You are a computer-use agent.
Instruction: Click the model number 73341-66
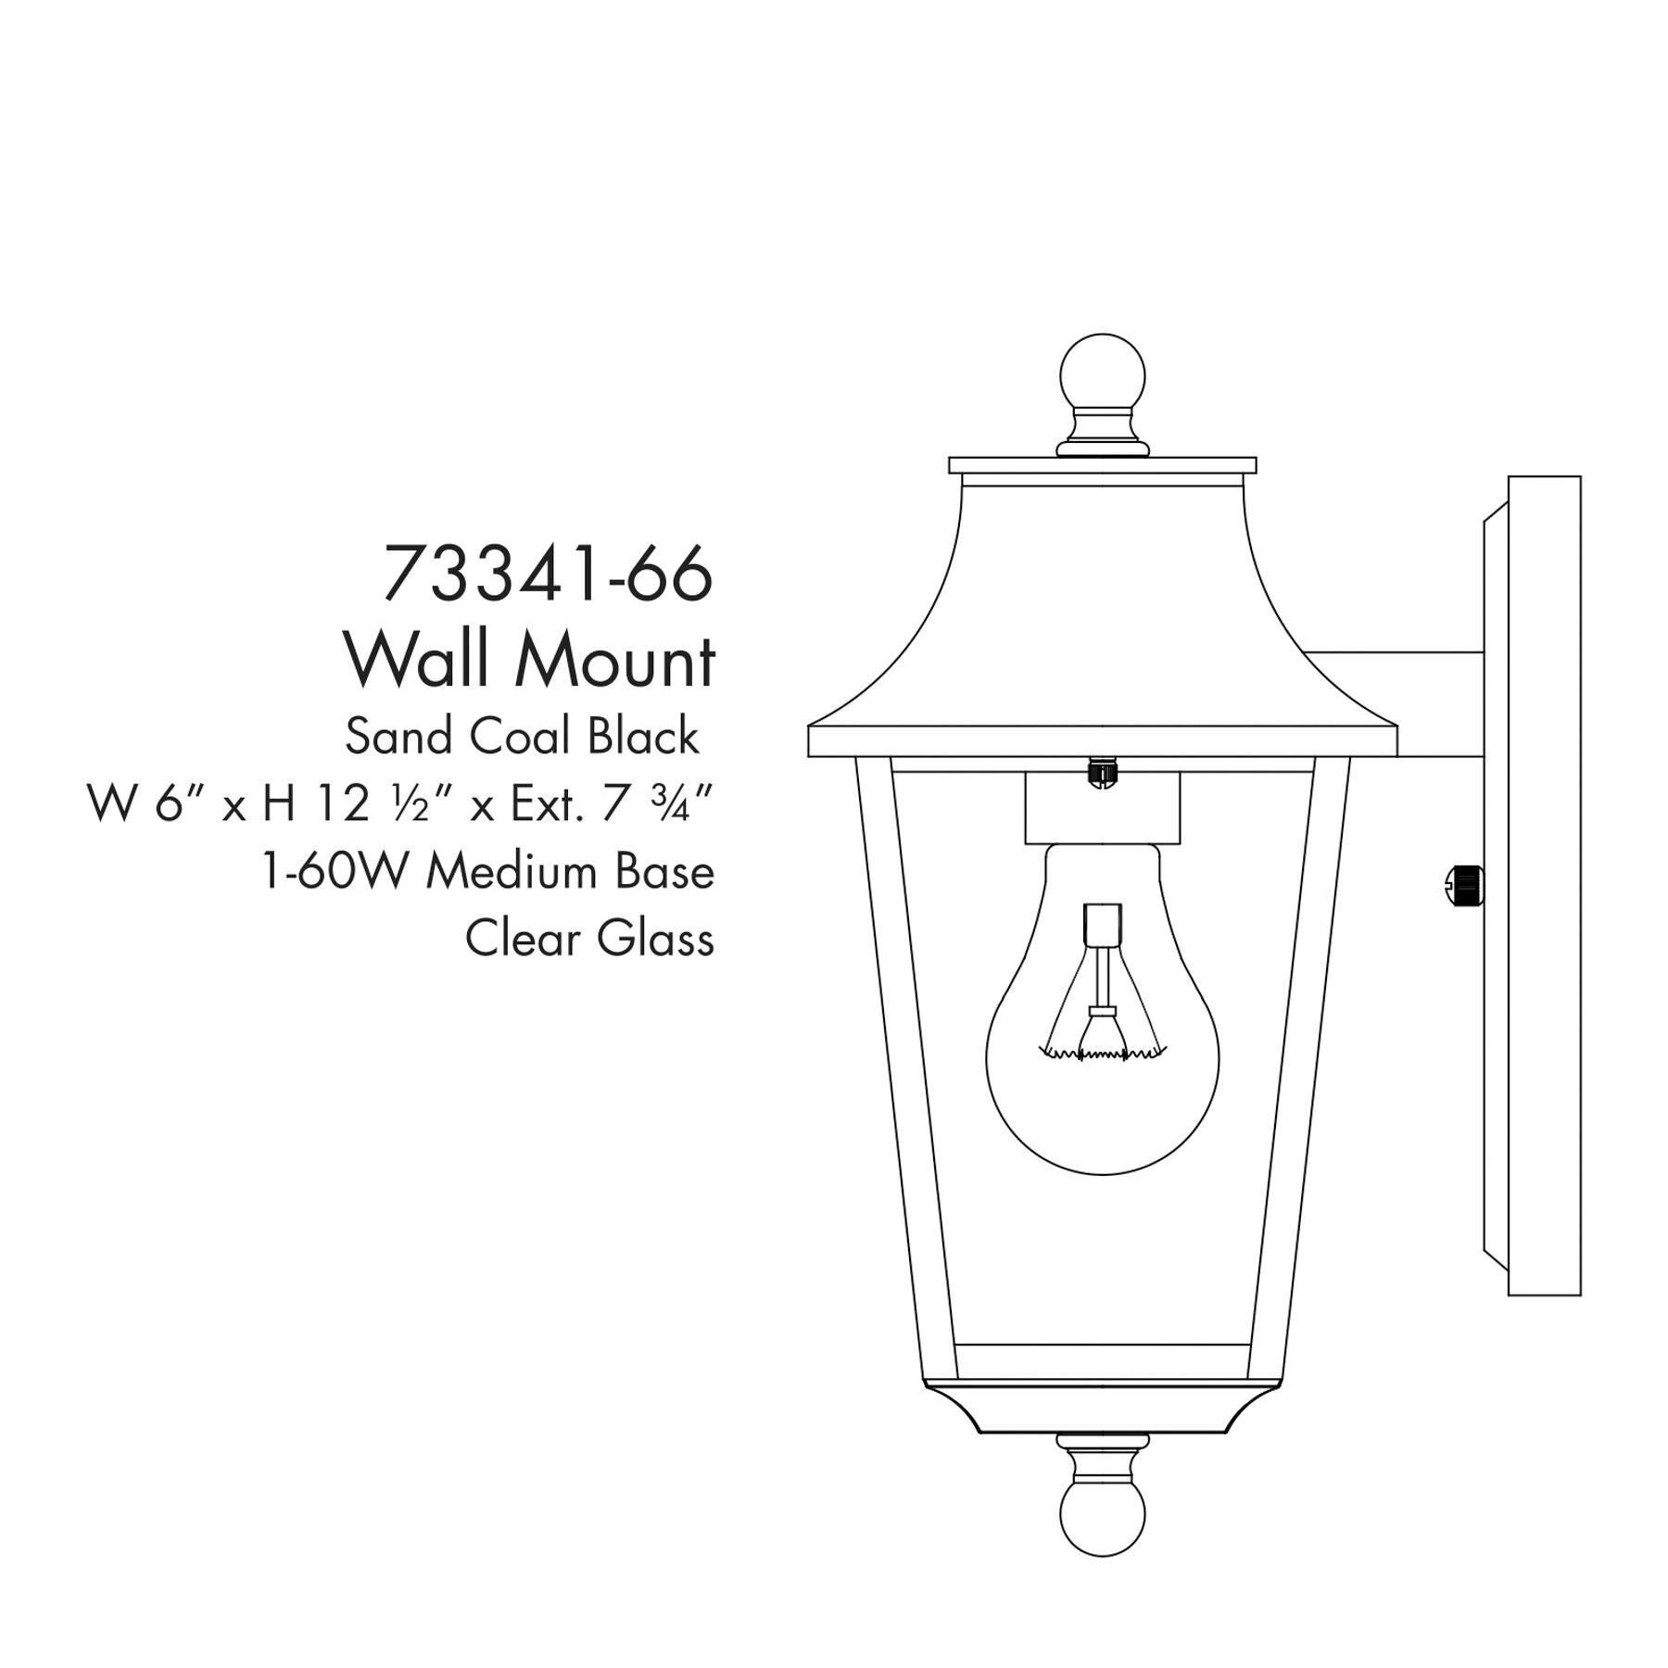[x=548, y=574]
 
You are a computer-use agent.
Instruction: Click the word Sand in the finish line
[x=399, y=738]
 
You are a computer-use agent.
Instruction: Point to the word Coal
[x=519, y=738]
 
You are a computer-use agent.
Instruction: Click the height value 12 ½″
[x=363, y=803]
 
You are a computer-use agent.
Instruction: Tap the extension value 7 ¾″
[x=657, y=803]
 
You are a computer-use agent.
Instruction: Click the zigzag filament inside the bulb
[x=1103, y=1053]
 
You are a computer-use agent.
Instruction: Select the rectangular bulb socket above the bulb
[x=1103, y=809]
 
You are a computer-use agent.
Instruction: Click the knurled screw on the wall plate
[x=1464, y=884]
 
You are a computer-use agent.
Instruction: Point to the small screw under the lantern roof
[x=1103, y=771]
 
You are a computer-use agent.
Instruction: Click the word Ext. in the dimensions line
[x=548, y=803]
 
